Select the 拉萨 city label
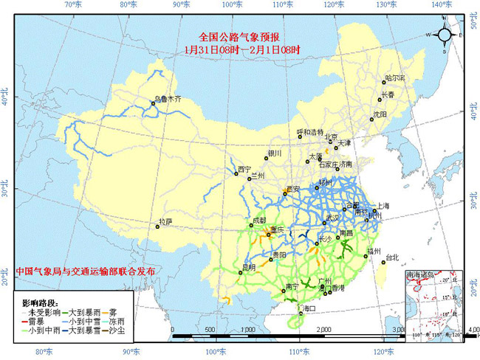pos(165,221)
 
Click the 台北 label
pos(391,257)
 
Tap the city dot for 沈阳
pos(371,120)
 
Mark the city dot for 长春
pos(381,99)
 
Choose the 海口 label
pos(307,308)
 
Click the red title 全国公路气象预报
pos(240,37)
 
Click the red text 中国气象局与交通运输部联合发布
pos(86,271)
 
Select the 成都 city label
pos(259,220)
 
